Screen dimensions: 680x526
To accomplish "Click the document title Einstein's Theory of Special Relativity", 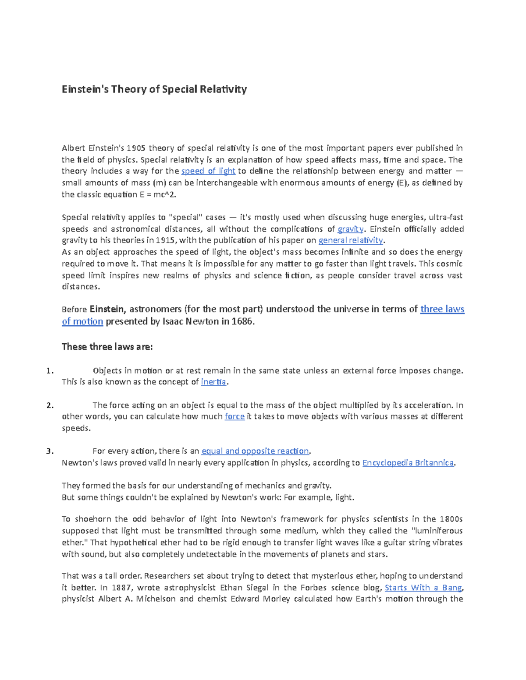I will coord(154,89).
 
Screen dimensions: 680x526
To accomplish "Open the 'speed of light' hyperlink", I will coord(208,171).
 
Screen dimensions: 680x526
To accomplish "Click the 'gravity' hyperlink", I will coord(350,229).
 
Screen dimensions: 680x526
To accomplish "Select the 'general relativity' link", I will coord(351,240).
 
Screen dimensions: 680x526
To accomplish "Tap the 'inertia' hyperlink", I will coord(213,382).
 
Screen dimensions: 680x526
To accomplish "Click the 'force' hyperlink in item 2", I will coord(235,416).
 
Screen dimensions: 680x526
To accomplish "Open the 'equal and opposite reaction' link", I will coord(255,451).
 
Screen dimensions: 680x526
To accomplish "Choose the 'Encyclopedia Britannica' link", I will coord(408,463).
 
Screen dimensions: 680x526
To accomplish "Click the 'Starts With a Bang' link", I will coord(423,588).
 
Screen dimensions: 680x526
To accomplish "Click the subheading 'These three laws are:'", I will coord(107,347).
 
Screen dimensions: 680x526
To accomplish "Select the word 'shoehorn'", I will coord(92,519).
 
